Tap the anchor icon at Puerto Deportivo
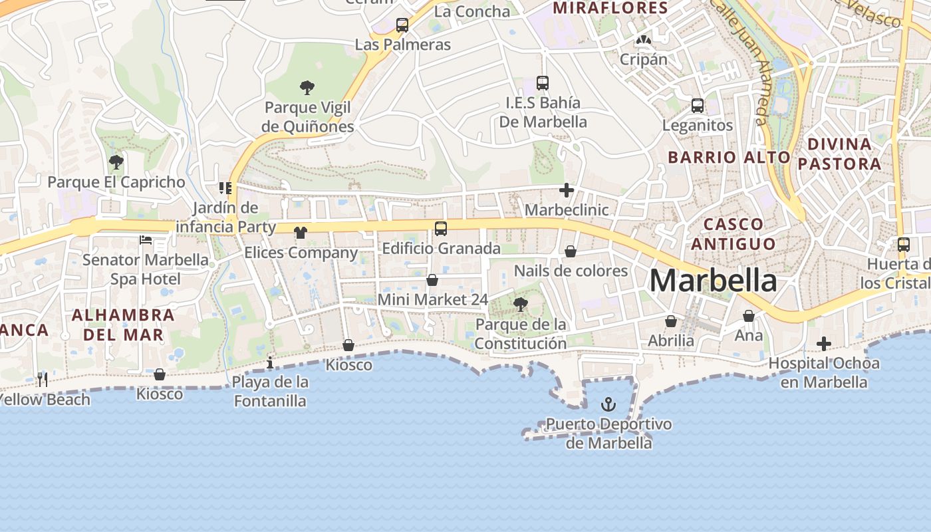[x=608, y=404]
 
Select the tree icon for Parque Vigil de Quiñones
[x=307, y=87]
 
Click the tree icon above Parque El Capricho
[x=116, y=162]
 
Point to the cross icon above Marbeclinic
[x=567, y=191]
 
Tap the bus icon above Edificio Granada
[x=440, y=229]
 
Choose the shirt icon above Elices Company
[x=301, y=233]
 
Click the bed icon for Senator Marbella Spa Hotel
[x=146, y=239]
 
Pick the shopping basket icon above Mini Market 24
[x=432, y=280]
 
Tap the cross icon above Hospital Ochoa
[x=824, y=344]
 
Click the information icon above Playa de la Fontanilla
[x=270, y=363]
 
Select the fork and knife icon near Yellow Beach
[x=42, y=379]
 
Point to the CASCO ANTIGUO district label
[x=733, y=234]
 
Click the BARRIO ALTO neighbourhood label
[x=729, y=158]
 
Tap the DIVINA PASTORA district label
[x=839, y=154]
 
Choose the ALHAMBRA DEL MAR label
[x=123, y=325]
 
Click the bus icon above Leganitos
[x=697, y=106]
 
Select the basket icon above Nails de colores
[x=571, y=251]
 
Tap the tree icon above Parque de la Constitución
[x=520, y=305]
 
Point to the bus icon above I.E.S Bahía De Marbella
[x=543, y=83]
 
